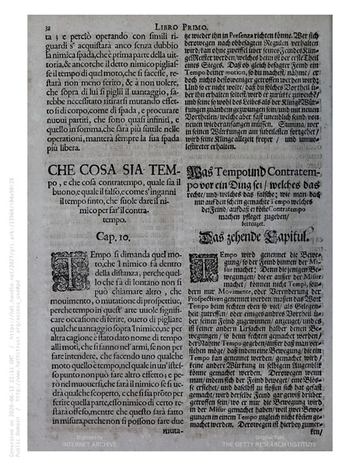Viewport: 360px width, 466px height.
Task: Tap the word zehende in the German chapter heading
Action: pyautogui.click(x=242, y=236)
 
